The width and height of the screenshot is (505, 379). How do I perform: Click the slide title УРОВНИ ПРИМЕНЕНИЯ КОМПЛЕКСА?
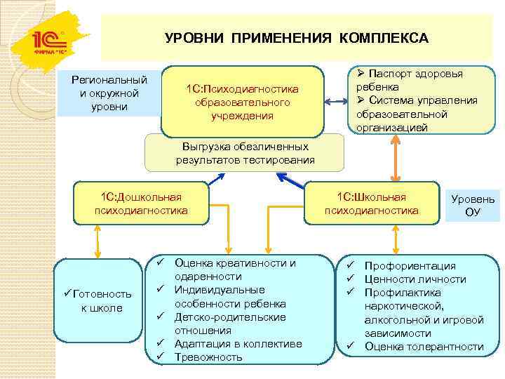[x=296, y=37]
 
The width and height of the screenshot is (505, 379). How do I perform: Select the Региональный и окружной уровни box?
[x=109, y=93]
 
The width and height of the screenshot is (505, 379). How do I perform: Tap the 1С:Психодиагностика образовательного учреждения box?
[x=242, y=102]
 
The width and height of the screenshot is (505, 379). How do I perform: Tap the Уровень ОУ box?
[x=472, y=205]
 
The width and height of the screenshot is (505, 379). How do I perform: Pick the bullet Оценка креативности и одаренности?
[x=234, y=270]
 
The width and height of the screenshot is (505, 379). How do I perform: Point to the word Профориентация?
[x=410, y=266]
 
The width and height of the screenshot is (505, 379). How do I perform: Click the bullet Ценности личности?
[x=415, y=279]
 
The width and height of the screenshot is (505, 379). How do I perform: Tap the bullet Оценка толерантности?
[x=424, y=347]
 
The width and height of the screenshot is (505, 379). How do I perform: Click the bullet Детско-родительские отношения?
[x=229, y=324]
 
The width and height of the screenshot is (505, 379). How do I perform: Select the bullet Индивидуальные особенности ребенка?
[x=229, y=297]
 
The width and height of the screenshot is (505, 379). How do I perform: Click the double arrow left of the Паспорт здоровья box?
[x=338, y=100]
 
